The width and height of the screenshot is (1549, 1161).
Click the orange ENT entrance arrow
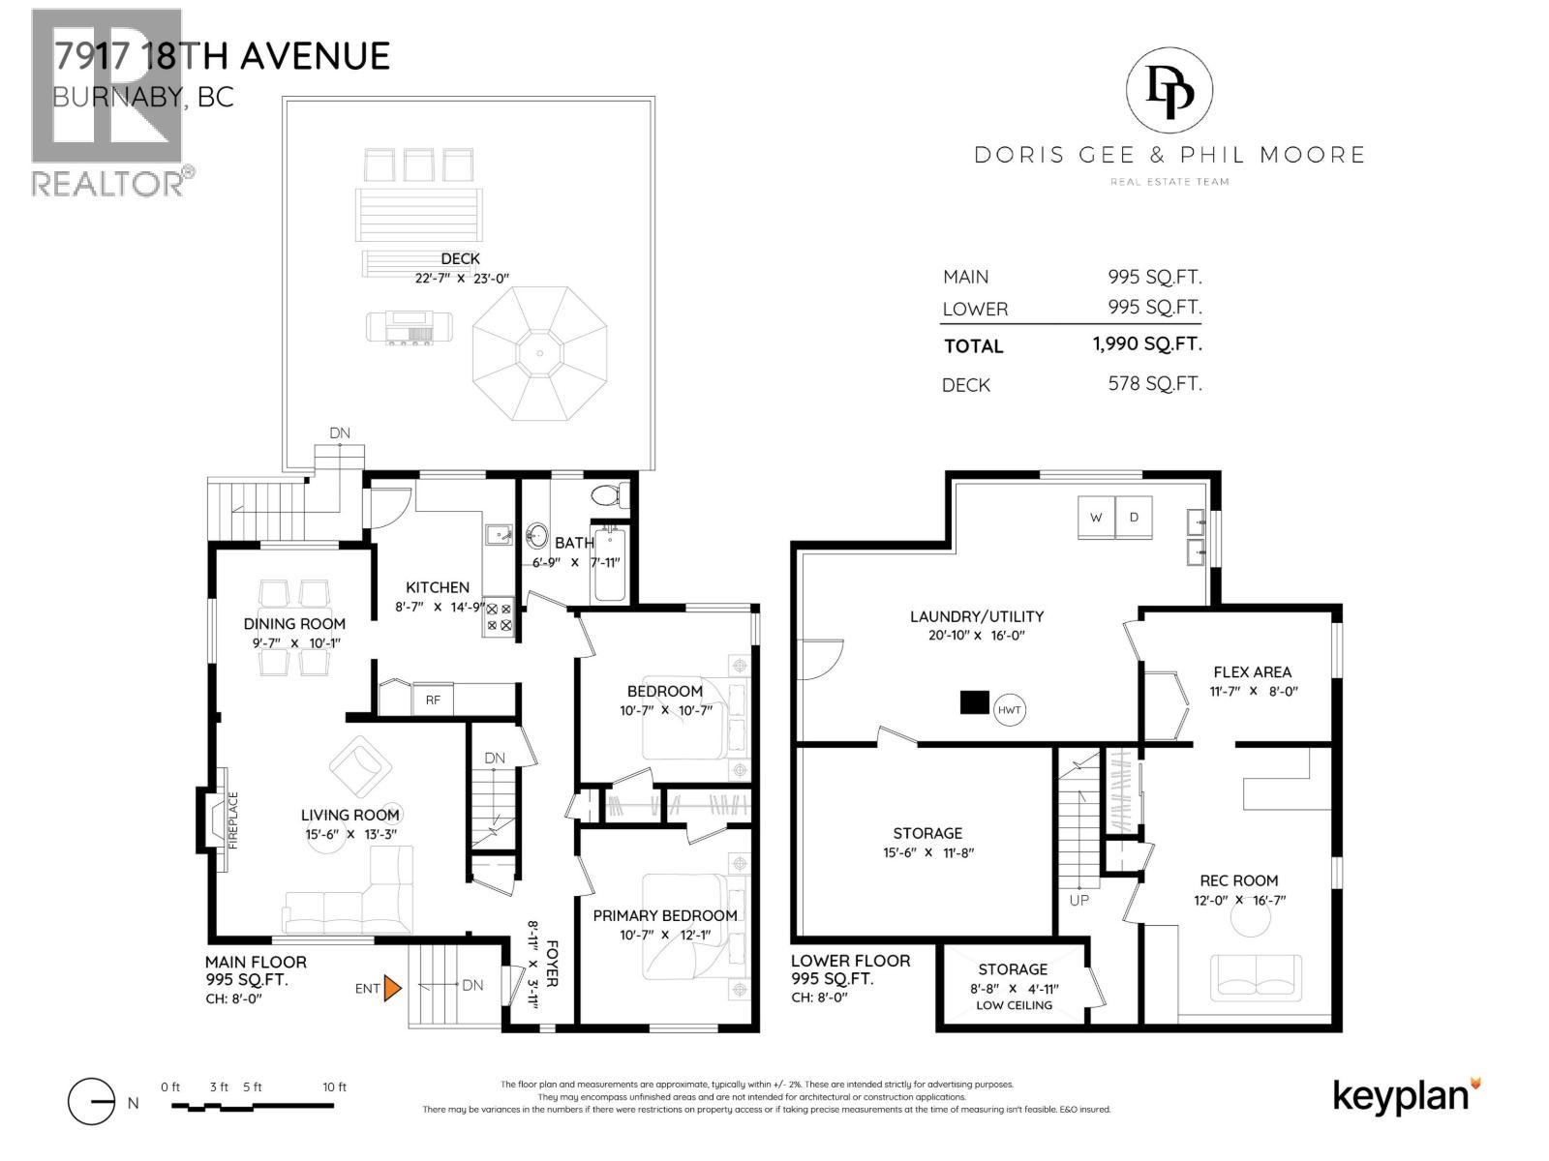click(392, 988)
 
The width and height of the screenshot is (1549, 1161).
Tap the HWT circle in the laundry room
click(1009, 710)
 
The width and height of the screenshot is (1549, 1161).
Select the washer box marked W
click(1096, 518)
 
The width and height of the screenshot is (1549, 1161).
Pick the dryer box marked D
click(1134, 518)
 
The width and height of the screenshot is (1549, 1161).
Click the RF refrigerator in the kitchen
click(433, 700)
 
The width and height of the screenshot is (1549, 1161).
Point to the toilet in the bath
click(610, 494)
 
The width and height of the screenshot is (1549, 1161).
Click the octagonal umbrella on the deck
click(540, 353)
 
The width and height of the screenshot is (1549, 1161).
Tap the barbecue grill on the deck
click(409, 329)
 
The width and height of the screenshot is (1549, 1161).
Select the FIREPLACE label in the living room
click(233, 819)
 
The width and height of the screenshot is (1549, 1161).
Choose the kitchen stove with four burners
click(499, 617)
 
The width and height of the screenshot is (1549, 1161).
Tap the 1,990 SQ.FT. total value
click(1147, 344)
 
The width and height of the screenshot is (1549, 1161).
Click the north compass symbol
click(92, 1102)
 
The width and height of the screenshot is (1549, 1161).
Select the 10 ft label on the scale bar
click(335, 1087)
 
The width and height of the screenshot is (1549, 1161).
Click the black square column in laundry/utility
click(975, 702)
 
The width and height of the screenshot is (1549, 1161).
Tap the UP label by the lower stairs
click(1079, 900)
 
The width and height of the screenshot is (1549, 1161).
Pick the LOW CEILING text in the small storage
click(1014, 1005)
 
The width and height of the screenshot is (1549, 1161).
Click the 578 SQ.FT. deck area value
click(1155, 383)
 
